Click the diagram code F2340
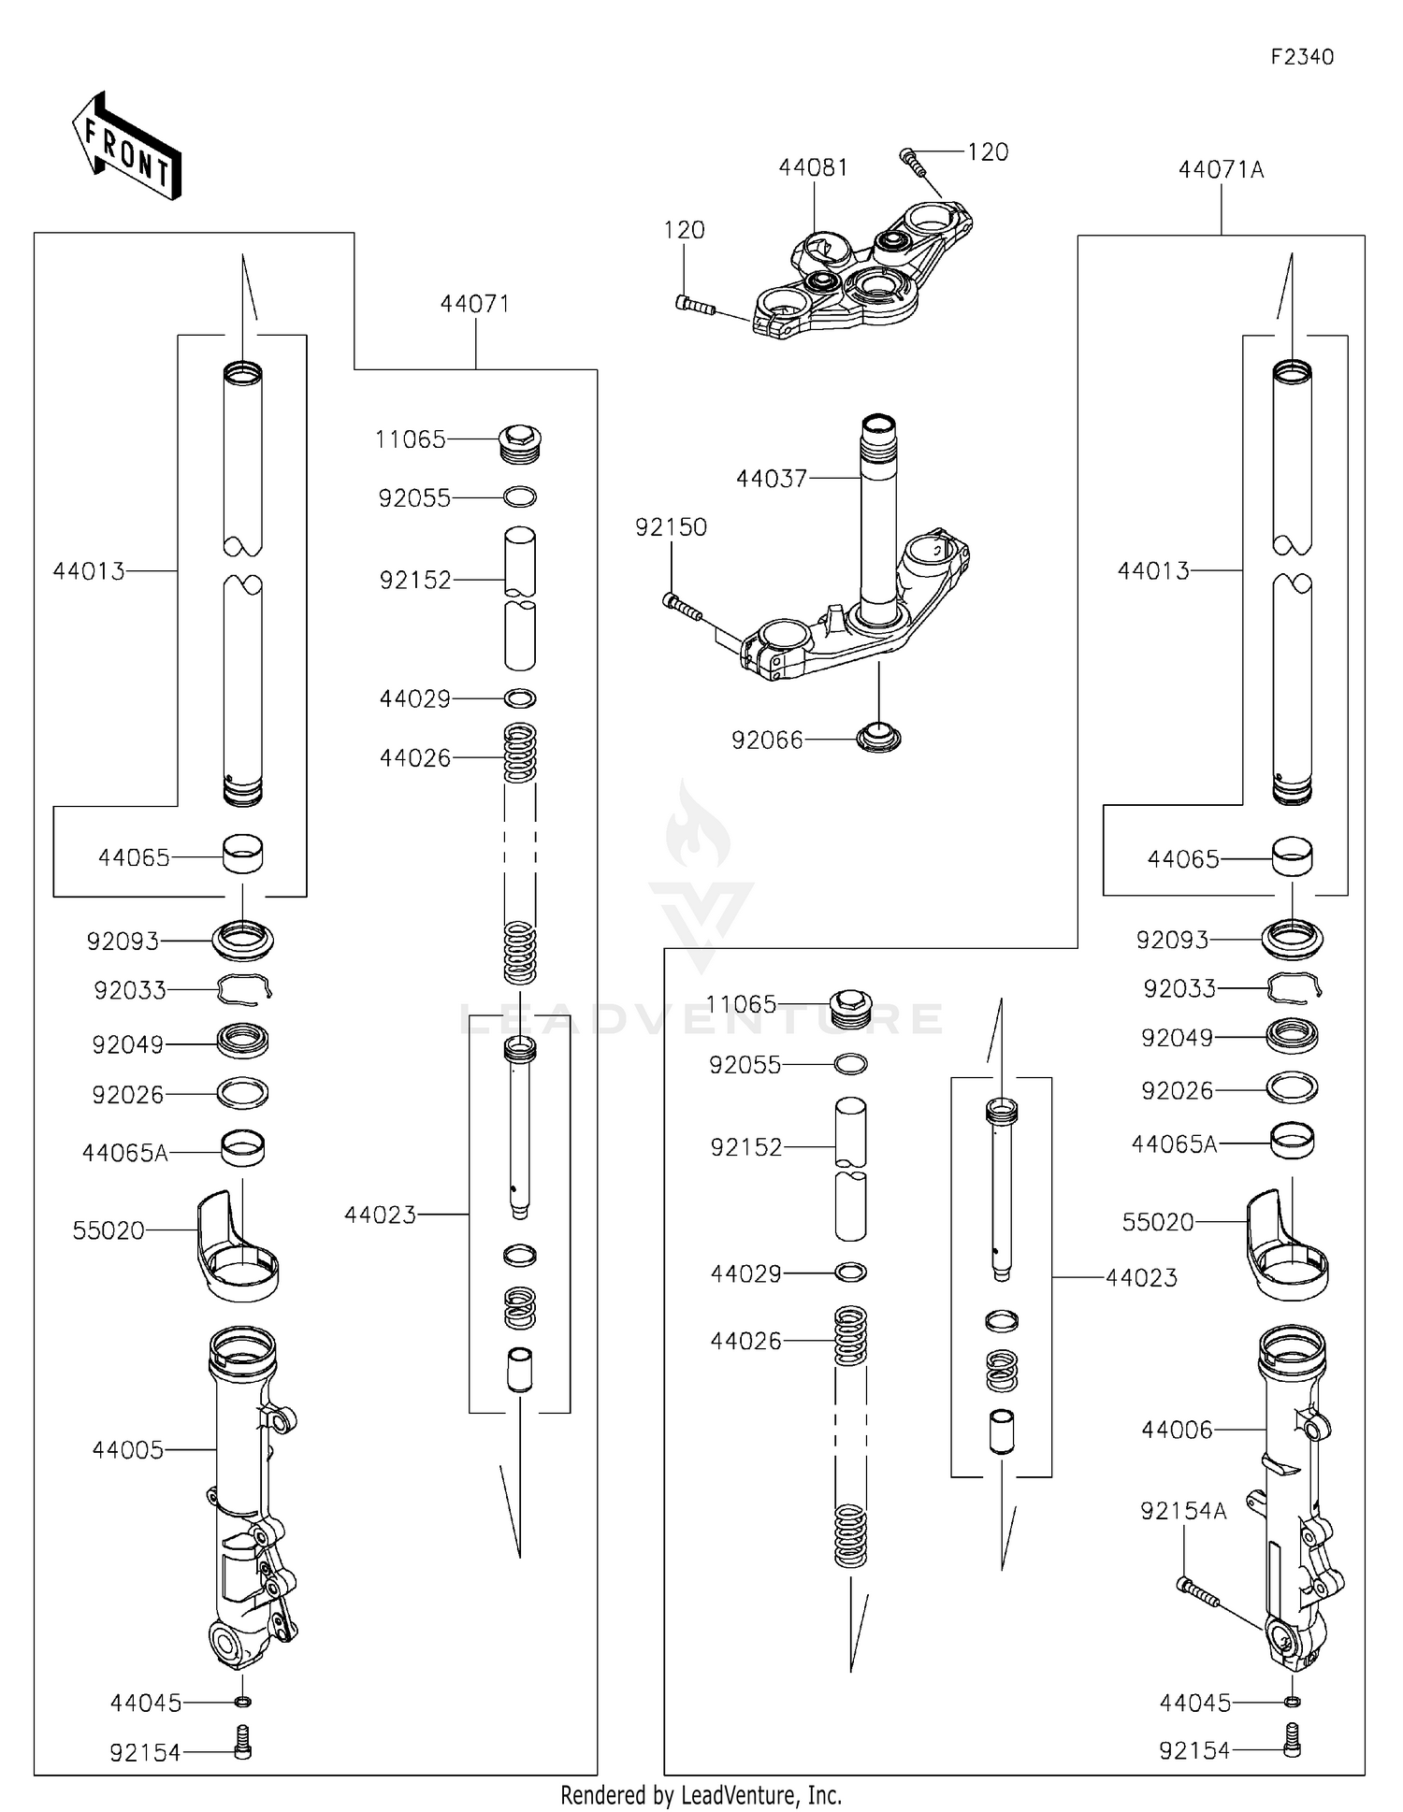(x=1301, y=57)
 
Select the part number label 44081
(x=813, y=167)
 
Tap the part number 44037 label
(x=771, y=479)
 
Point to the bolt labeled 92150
(x=682, y=606)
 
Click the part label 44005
(x=127, y=1449)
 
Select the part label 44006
(x=1176, y=1429)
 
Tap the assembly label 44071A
(x=1221, y=169)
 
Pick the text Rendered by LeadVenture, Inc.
(x=701, y=1795)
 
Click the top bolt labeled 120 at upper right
(x=912, y=162)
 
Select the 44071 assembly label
(x=475, y=303)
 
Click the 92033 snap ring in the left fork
(x=243, y=988)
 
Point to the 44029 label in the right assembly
(x=745, y=1273)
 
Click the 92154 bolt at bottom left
(x=242, y=1743)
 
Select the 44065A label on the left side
(x=124, y=1153)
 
